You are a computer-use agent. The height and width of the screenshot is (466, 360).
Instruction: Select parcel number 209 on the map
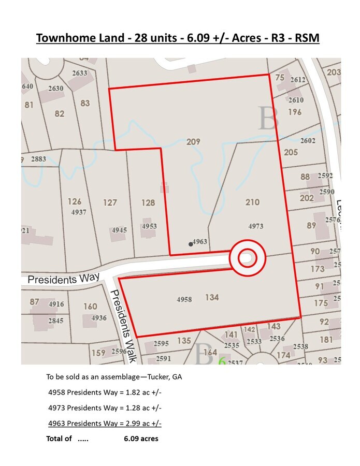coord(193,141)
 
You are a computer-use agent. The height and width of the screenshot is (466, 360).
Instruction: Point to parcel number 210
coord(252,202)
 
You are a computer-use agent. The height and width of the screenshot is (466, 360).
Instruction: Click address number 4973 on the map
coord(256,226)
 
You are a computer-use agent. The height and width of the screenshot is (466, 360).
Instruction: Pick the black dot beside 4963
coord(191,244)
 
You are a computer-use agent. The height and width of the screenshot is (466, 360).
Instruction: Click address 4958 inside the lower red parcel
coord(184,299)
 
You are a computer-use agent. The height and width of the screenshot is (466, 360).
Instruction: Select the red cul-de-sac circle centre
coord(247,257)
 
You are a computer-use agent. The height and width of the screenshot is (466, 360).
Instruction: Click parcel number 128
coord(148,202)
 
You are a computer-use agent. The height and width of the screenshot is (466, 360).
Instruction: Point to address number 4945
coord(119,230)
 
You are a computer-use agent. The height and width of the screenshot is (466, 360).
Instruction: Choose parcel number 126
coord(75,201)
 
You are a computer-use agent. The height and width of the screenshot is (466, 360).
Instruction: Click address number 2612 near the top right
coord(298,79)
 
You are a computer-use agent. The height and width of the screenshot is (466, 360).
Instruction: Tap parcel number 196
coord(295,112)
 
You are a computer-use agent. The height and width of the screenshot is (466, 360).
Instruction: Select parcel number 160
coord(90,307)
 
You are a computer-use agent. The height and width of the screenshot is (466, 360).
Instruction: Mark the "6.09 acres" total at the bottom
coord(141,439)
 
